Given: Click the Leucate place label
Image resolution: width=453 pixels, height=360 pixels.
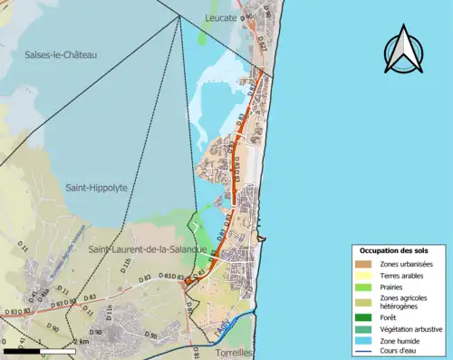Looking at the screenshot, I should [221, 16].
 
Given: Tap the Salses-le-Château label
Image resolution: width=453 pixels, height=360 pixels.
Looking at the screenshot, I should [61, 54].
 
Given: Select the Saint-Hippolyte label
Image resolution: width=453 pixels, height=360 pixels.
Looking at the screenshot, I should [96, 188].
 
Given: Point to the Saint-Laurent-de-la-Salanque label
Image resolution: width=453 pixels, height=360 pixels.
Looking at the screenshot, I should [147, 248].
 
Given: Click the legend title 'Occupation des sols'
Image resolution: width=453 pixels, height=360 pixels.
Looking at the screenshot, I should [394, 249].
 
